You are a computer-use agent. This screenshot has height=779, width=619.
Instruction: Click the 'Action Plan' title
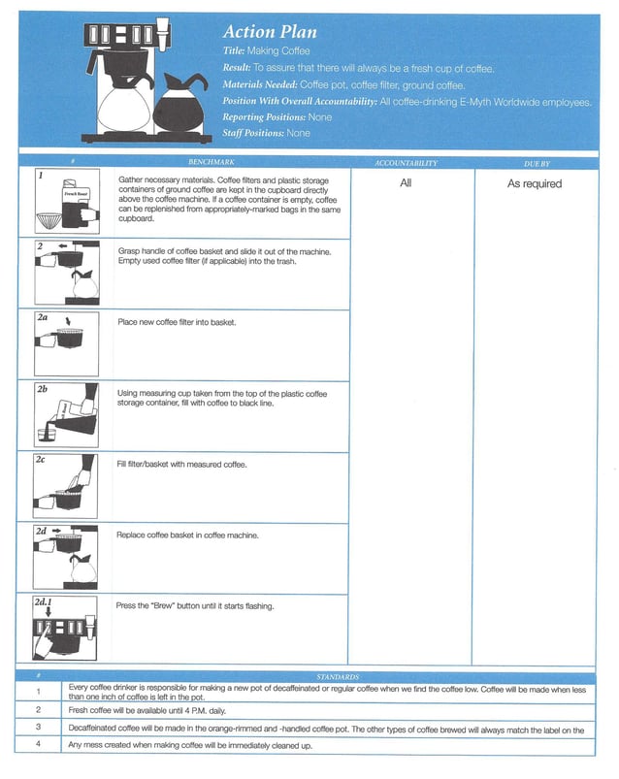tap(270, 32)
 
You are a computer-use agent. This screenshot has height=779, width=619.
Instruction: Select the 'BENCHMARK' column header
tap(212, 163)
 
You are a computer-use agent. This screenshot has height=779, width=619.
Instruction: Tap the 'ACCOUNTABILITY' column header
tap(406, 163)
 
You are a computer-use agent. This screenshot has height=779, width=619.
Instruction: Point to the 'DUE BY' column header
tap(536, 163)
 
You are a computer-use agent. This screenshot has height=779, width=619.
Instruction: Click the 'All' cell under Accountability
tap(406, 183)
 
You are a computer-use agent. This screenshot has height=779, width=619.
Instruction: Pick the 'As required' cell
tap(535, 183)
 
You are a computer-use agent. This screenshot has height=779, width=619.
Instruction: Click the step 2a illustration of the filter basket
tap(61, 341)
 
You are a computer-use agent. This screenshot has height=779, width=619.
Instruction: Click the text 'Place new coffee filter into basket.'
tap(177, 322)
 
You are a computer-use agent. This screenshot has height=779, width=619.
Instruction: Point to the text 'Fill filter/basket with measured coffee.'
tap(182, 465)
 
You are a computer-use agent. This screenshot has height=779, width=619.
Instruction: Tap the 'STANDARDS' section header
tap(338, 676)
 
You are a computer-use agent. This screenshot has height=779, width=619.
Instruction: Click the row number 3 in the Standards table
tap(38, 727)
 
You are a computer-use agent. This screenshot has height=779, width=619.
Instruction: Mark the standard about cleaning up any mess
tap(190, 745)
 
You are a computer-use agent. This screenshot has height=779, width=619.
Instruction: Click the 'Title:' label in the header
tap(234, 50)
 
